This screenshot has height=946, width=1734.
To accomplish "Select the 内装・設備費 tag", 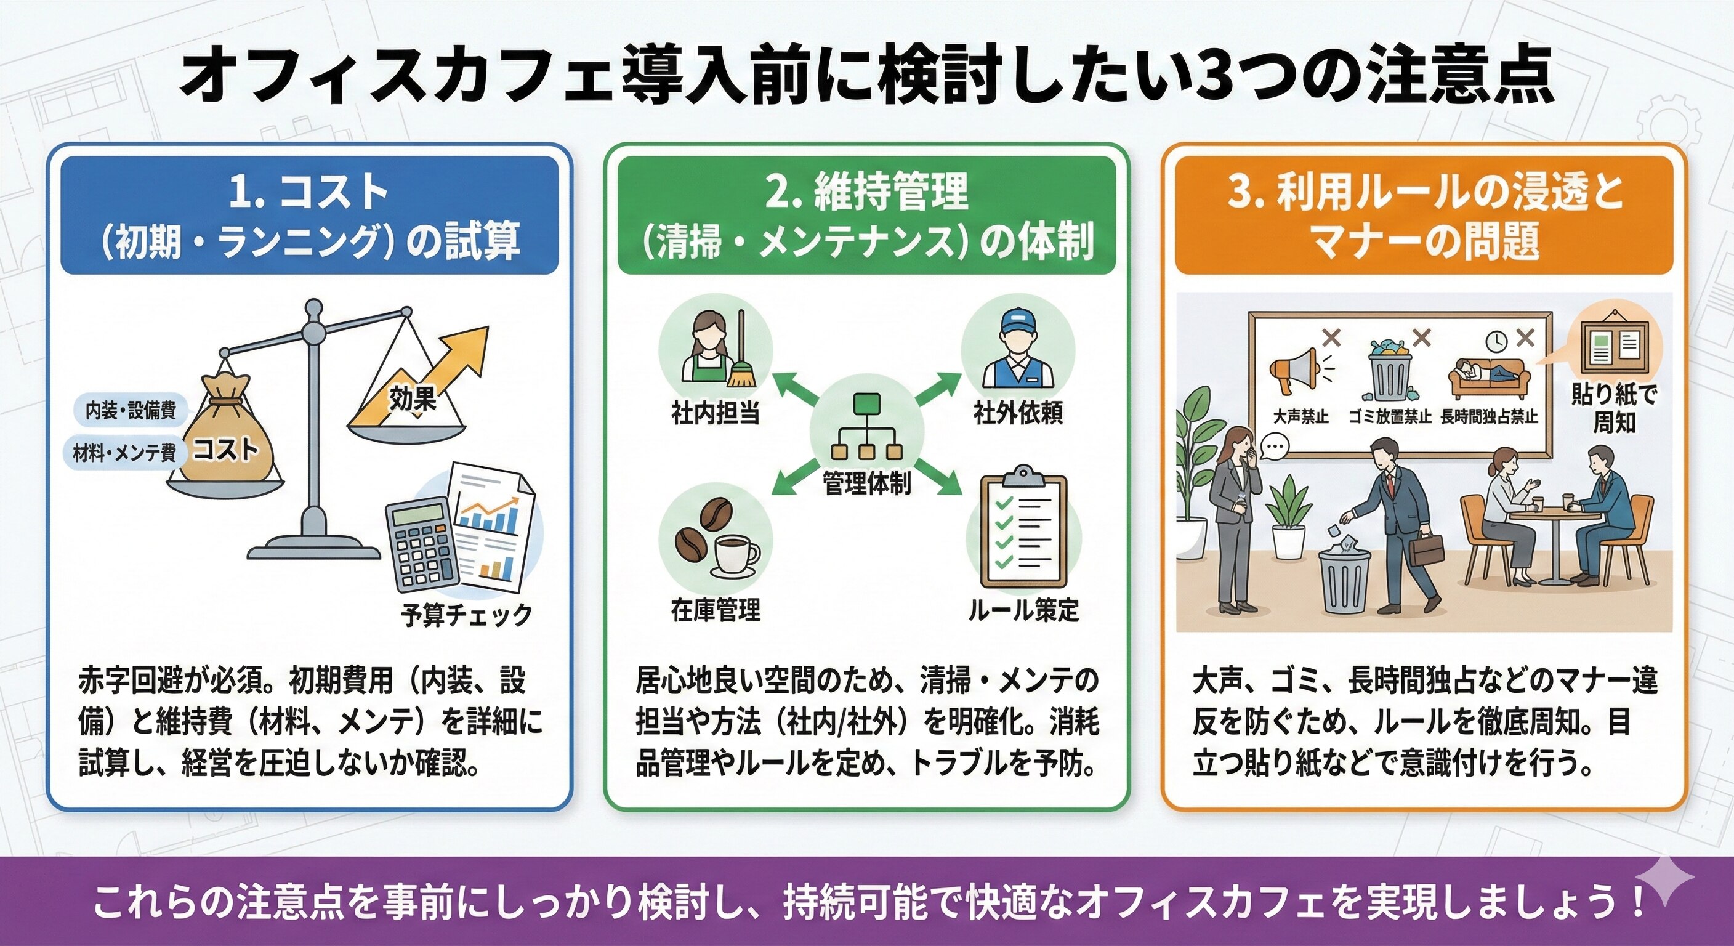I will point(130,410).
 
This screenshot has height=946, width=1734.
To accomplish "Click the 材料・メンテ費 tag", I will point(124,453).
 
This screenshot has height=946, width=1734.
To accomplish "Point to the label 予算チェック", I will point(466,615).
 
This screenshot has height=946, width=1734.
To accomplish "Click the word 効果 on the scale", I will point(412,398).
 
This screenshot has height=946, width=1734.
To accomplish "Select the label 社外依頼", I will point(1017,413).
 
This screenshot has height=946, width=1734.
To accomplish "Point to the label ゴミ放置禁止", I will point(1389,418).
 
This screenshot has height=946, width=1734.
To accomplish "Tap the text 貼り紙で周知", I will point(1613,409).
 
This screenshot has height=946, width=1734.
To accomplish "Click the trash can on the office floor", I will point(1345,580).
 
